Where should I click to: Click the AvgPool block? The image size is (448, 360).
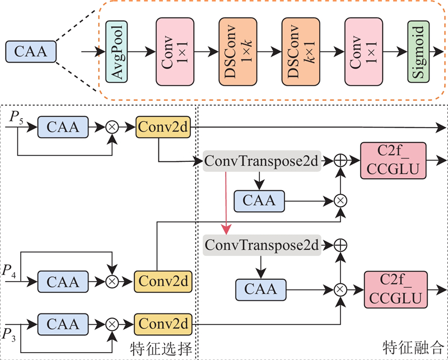click(116, 52)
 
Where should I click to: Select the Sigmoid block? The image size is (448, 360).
click(418, 52)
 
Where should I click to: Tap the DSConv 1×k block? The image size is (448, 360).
click(237, 52)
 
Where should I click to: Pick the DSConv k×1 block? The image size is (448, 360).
click(301, 52)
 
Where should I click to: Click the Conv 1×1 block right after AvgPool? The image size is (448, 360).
click(175, 52)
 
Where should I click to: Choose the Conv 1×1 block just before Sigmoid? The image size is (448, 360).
click(363, 52)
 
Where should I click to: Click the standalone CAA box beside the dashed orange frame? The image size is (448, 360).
click(31, 52)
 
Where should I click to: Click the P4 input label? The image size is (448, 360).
click(9, 271)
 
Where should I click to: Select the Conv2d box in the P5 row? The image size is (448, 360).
click(163, 127)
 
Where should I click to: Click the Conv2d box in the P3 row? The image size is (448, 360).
click(163, 324)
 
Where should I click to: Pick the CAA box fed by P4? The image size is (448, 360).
click(63, 282)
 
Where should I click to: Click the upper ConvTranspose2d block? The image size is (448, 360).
click(262, 161)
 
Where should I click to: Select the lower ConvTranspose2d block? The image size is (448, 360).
click(262, 245)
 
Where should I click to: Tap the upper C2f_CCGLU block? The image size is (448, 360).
click(394, 161)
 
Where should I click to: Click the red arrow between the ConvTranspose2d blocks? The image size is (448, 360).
click(226, 203)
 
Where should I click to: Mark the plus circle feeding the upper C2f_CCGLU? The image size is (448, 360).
click(340, 161)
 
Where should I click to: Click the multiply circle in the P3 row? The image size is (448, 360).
click(112, 324)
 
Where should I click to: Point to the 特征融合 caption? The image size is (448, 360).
click(414, 347)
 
